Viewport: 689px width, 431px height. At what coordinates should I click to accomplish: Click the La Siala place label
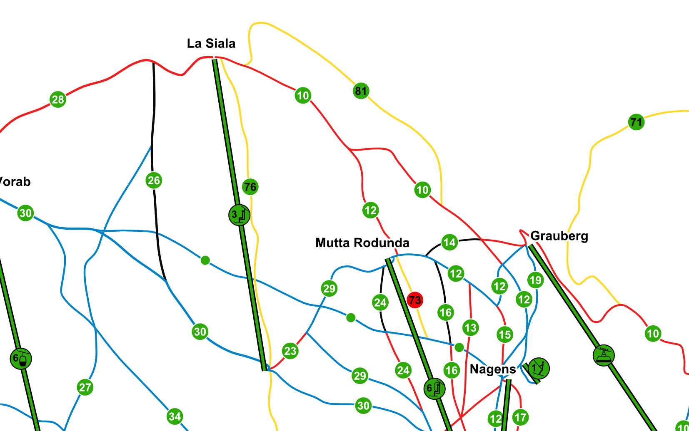tap(211, 43)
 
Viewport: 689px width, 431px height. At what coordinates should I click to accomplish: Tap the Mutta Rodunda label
tap(362, 243)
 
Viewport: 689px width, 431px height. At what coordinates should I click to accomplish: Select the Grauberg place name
tap(559, 236)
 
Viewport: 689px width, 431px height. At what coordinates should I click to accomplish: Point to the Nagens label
tap(492, 369)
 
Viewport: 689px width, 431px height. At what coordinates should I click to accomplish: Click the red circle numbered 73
tap(415, 300)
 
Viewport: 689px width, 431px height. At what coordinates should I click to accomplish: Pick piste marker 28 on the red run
tap(58, 99)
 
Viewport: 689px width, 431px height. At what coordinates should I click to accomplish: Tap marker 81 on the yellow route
tap(361, 91)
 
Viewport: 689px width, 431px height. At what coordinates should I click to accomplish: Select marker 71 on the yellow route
tap(636, 122)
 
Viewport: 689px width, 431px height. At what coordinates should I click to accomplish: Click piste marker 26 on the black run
tap(154, 181)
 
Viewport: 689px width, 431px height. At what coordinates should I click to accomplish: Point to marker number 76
tap(250, 187)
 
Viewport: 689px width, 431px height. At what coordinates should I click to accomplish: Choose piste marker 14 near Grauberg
tap(449, 242)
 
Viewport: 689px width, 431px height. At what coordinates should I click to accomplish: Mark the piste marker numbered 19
tap(535, 280)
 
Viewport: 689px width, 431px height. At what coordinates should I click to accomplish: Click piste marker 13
tap(470, 328)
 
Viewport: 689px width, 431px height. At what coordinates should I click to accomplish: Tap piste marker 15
tap(504, 334)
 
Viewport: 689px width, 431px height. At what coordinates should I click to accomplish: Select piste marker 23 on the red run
tap(290, 351)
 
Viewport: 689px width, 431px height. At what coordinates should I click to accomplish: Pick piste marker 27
tap(85, 387)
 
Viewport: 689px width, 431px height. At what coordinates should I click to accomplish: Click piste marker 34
tap(175, 416)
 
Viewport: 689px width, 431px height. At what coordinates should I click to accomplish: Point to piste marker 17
tap(520, 417)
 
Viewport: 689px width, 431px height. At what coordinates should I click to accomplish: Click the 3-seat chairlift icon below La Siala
tap(239, 215)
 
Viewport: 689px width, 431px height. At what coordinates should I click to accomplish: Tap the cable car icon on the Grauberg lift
tap(604, 355)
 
